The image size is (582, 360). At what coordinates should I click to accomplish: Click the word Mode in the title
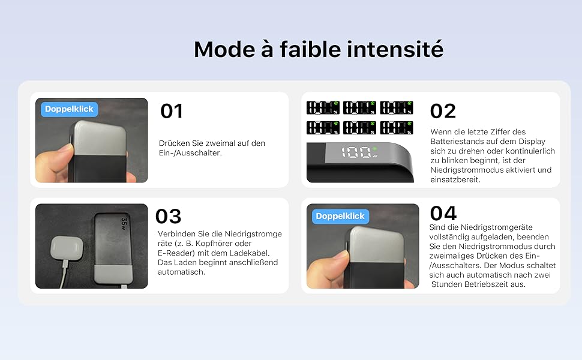(224, 49)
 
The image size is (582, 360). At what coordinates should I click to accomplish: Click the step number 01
(172, 111)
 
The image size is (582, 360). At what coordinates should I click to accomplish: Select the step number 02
(443, 111)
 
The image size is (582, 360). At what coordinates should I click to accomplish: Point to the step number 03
(168, 217)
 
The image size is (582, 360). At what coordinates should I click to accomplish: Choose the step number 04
(443, 214)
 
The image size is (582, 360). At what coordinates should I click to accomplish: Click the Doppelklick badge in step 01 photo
(69, 109)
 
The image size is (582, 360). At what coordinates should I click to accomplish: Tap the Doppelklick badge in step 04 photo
(340, 216)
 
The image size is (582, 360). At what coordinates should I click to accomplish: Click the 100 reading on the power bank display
(356, 152)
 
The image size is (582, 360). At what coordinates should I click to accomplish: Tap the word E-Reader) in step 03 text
(176, 253)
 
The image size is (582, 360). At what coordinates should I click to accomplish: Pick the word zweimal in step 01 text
(226, 143)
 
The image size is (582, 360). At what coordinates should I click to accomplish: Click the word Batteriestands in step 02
(459, 142)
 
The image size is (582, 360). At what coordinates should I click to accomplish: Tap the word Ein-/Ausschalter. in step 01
(190, 153)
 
